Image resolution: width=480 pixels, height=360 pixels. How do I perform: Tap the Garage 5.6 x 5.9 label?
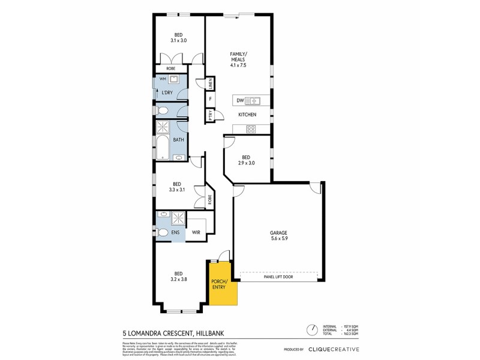pyautogui.click(x=278, y=236)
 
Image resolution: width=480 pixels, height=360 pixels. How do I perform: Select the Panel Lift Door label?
pyautogui.click(x=278, y=277)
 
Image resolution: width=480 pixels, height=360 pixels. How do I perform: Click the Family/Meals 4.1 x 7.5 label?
pyautogui.click(x=239, y=59)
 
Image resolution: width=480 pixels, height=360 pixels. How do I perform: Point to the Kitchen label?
pyautogui.click(x=247, y=115)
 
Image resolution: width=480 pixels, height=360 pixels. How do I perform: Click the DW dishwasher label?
pyautogui.click(x=240, y=100)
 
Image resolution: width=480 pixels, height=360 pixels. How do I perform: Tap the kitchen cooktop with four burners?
pyautogui.click(x=250, y=128)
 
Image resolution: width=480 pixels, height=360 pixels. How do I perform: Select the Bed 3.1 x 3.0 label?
pyautogui.click(x=180, y=37)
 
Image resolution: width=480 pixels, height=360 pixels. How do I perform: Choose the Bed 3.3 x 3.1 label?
pyautogui.click(x=177, y=187)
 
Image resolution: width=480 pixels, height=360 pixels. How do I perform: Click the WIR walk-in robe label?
pyautogui.click(x=196, y=232)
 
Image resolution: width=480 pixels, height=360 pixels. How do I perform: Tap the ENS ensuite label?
pyautogui.click(x=176, y=232)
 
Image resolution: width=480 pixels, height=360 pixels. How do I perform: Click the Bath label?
pyautogui.click(x=178, y=140)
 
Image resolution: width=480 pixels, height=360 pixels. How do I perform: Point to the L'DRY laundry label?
pyautogui.click(x=167, y=92)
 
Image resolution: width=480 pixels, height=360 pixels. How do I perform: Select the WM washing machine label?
pyautogui.click(x=163, y=79)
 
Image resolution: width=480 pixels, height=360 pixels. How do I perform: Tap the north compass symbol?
pyautogui.click(x=311, y=330)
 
